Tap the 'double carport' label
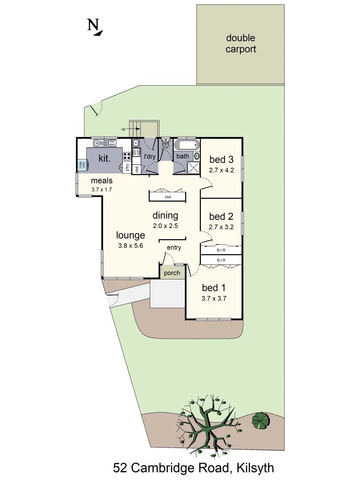[x=240, y=44]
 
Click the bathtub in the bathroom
[x=187, y=145]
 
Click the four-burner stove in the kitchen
[x=126, y=156]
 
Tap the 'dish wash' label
[x=112, y=143]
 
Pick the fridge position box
[x=82, y=165]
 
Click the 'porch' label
[x=172, y=273]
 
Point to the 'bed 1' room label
[x=214, y=288]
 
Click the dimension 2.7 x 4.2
[x=221, y=170]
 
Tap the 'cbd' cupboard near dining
[x=168, y=196]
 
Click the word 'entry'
[x=174, y=248]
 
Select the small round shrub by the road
[x=260, y=420]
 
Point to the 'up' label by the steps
[x=123, y=129]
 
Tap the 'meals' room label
[x=102, y=181]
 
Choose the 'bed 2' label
[x=221, y=216]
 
